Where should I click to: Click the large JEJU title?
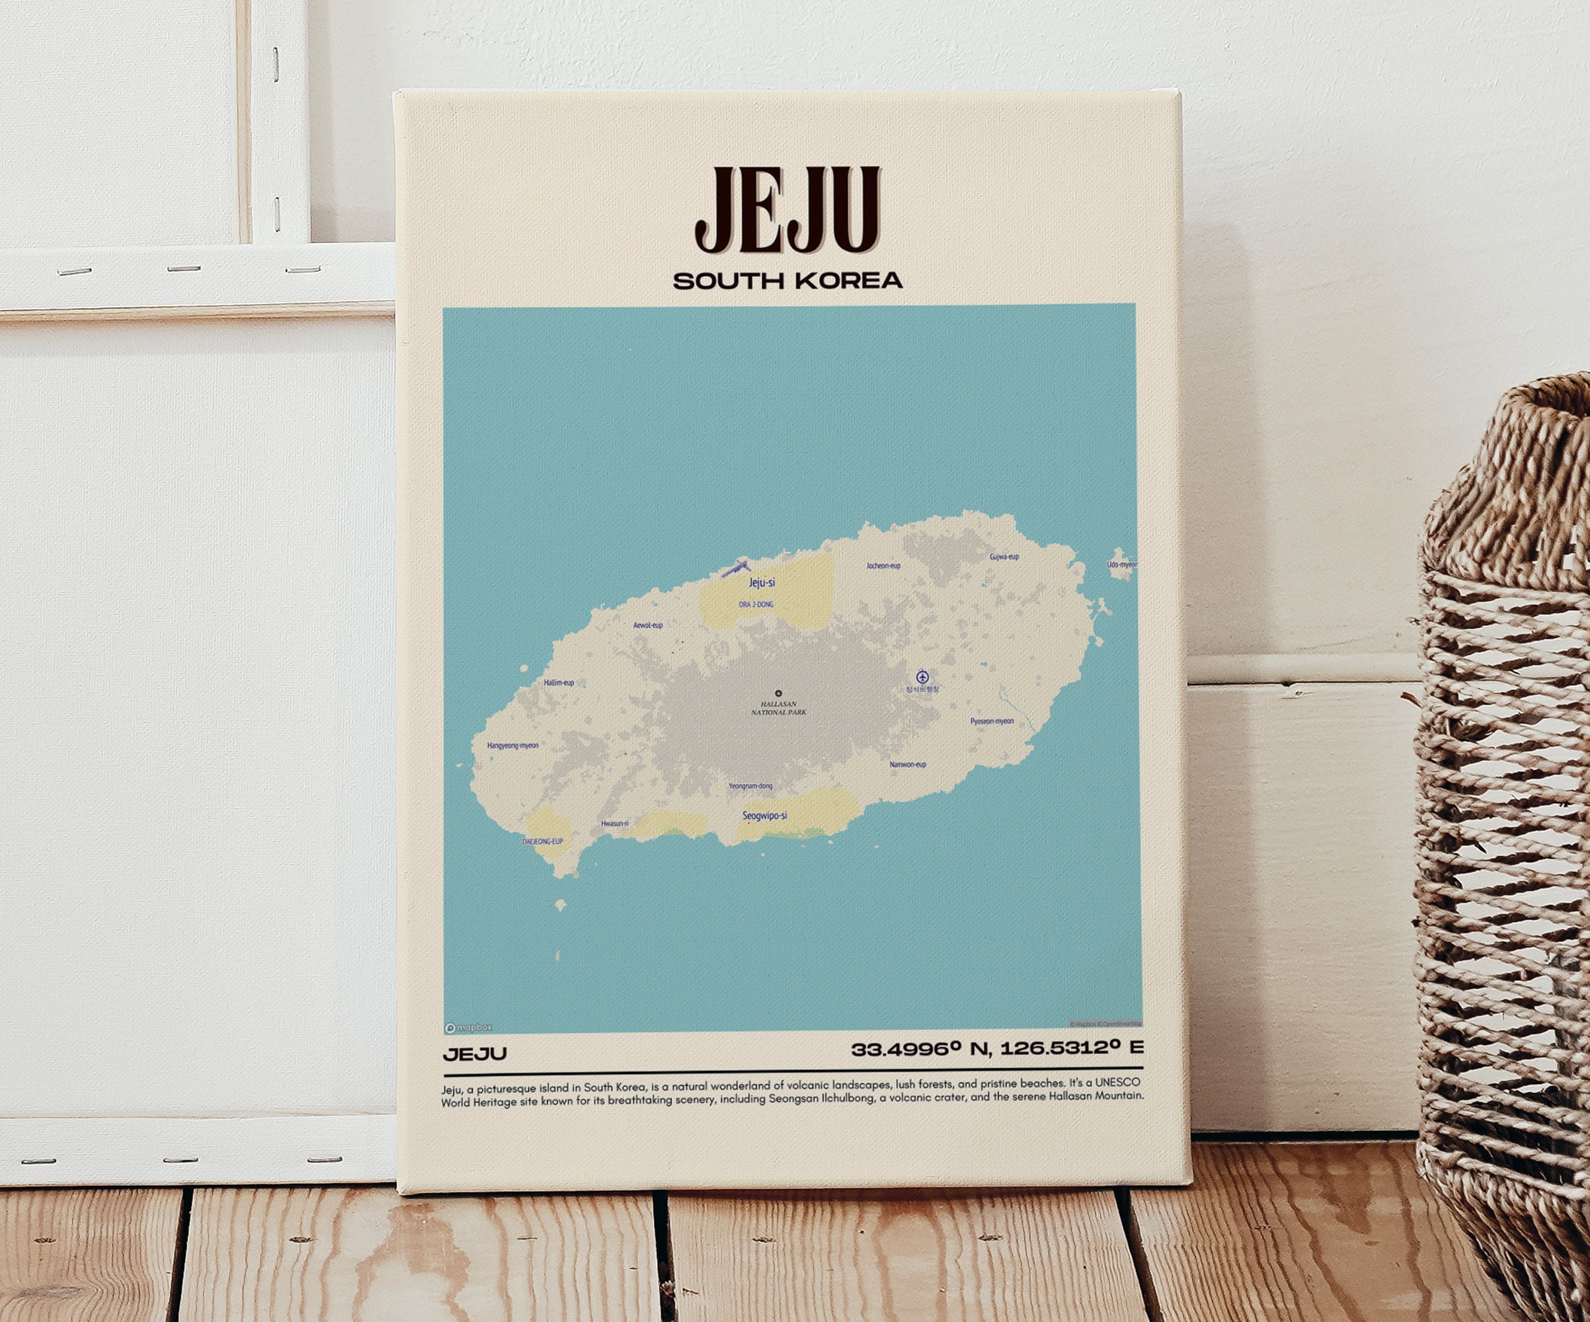point(787,210)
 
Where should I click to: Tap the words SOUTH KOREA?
point(787,281)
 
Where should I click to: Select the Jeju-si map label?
point(762,582)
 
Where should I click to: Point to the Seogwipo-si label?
point(764,816)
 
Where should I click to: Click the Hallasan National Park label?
point(778,708)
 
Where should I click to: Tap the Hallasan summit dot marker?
point(778,693)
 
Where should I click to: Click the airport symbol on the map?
point(922,676)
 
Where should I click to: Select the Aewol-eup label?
point(647,625)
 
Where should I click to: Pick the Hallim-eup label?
point(559,682)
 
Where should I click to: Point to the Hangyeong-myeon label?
point(512,745)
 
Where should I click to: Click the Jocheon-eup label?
point(883,566)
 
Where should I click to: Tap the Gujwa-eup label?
point(1004,557)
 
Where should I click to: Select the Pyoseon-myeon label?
point(992,720)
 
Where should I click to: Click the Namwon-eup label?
point(907,764)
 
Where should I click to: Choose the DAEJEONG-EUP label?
point(543,841)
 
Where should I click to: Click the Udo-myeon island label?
point(1121,564)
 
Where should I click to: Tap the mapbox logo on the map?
point(469,1027)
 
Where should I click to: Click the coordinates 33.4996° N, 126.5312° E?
point(996,1048)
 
